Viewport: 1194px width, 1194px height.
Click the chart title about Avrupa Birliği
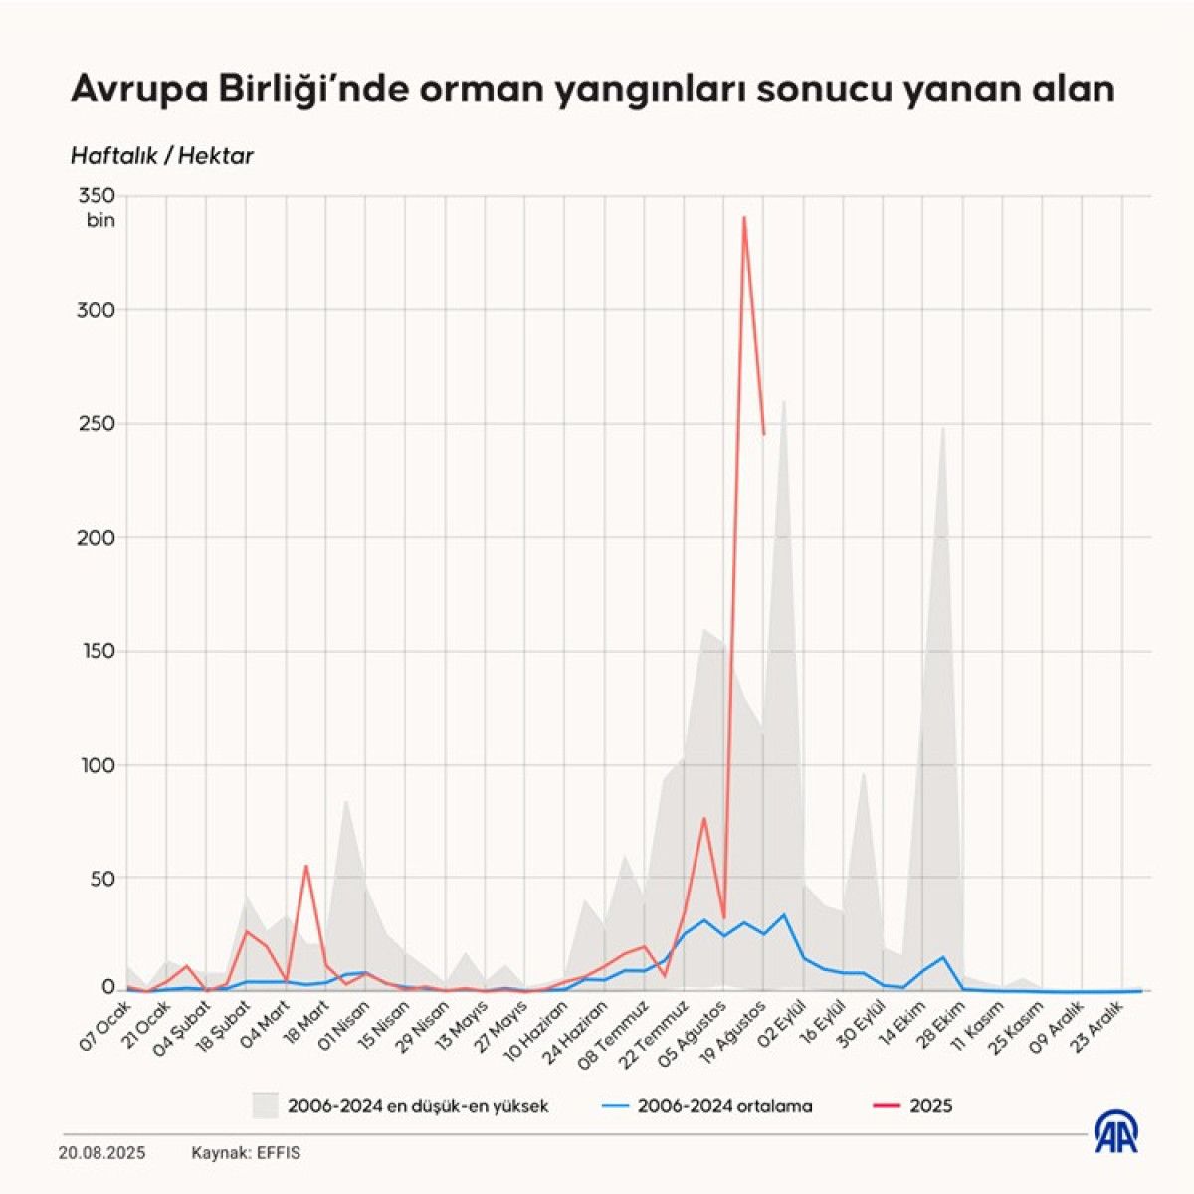click(x=592, y=90)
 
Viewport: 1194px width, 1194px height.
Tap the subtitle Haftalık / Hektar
click(x=161, y=156)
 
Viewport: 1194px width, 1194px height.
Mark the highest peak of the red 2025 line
click(x=744, y=217)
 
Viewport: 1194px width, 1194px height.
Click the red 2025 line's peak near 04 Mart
click(x=306, y=866)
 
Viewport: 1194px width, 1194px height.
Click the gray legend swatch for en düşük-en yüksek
click(x=265, y=1105)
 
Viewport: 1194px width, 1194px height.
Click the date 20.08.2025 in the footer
click(x=101, y=1153)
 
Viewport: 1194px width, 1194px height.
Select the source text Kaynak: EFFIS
click(x=246, y=1153)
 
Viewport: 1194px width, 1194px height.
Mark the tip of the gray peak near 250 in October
click(x=942, y=427)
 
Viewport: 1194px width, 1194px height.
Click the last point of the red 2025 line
click(x=764, y=434)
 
